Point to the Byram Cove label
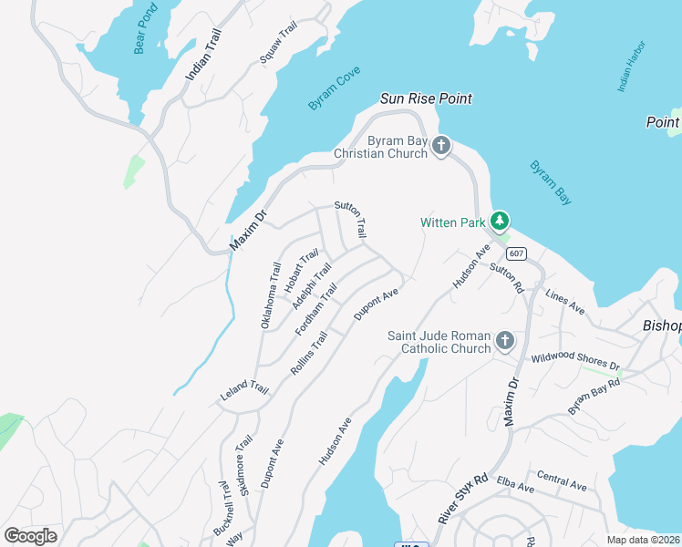pos(334,88)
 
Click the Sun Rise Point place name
pos(426,98)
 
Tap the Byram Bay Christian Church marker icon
pos(441,146)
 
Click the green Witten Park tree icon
pos(499,221)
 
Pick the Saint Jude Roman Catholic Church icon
pos(505,342)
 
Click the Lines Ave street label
pos(564,302)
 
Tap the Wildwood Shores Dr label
pos(575,361)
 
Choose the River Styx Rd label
pos(463,498)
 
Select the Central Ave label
pos(562,480)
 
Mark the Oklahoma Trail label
pos(270,295)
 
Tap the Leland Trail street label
pos(244,392)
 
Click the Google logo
pos(31,535)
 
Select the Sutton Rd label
pos(506,278)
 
